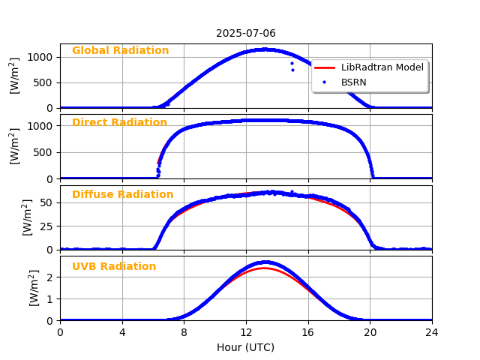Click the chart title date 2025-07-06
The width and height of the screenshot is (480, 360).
(x=246, y=34)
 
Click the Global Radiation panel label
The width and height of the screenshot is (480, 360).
(x=120, y=51)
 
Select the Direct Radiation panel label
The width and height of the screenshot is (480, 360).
(x=119, y=123)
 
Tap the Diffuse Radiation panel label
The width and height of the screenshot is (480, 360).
(x=122, y=195)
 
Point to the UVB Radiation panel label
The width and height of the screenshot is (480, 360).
(x=114, y=267)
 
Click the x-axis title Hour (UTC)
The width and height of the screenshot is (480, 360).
(x=246, y=347)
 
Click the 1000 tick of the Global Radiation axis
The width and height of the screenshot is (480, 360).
(x=40, y=57)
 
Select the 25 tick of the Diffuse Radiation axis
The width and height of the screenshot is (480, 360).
(x=46, y=226)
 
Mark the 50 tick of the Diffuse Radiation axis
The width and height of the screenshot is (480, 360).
(x=46, y=202)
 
